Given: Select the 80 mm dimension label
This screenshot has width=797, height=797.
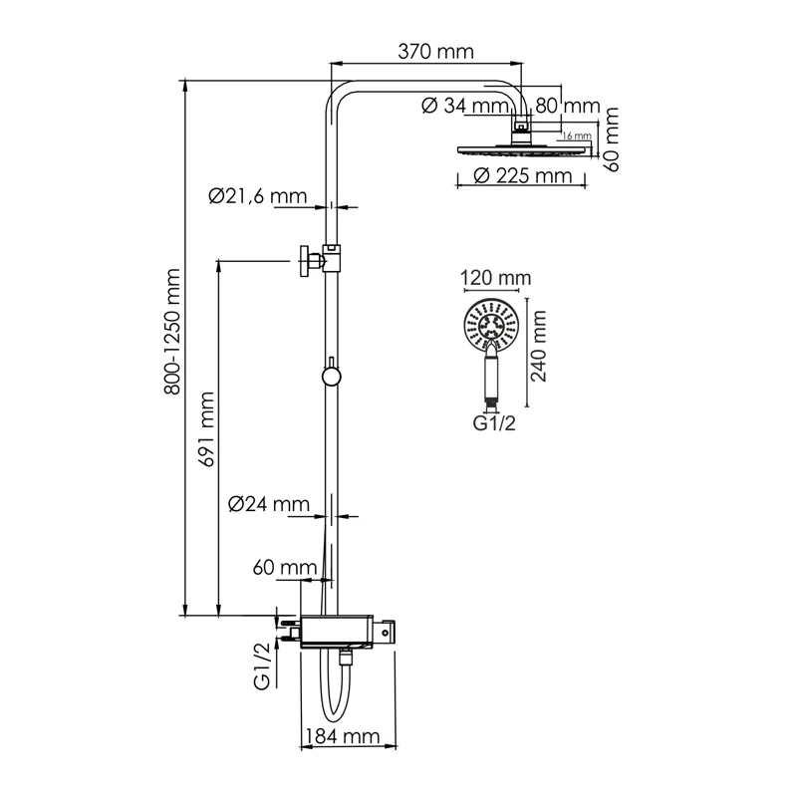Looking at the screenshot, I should tap(567, 105).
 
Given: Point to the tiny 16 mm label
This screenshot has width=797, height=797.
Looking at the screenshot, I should tap(577, 136).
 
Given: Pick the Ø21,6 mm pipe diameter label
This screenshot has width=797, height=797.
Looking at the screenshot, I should tap(257, 196).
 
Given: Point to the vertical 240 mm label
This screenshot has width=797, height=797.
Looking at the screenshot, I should tap(540, 347).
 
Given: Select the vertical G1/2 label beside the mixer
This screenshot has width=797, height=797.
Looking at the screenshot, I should tap(261, 666).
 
